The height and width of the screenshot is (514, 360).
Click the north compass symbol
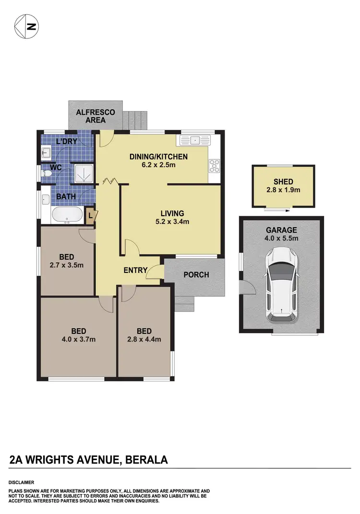pos(26,26)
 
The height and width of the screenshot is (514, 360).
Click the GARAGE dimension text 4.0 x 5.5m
pos(282,238)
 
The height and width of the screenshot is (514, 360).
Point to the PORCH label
pos(196,275)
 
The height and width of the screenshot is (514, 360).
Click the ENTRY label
pos(135,270)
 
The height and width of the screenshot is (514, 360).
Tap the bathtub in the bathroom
pos(67,215)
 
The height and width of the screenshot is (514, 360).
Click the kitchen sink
pos(194,141)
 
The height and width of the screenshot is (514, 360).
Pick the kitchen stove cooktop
pos(214,166)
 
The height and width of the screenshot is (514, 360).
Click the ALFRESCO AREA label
pos(96,116)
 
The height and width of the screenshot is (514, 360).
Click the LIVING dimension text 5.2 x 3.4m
pos(172,221)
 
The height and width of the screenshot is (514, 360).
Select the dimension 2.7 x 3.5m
pos(67,265)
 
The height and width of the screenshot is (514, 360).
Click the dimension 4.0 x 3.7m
pos(79,339)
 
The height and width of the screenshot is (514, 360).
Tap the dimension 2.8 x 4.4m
pos(144,339)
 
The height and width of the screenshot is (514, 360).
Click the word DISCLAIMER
pos(21,482)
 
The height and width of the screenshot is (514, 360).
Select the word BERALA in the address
pos(146,460)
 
